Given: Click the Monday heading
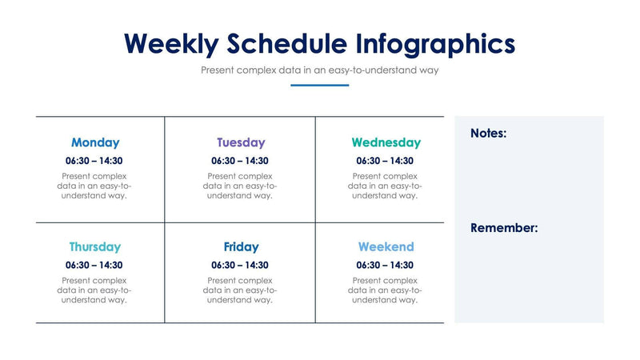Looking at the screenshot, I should (x=95, y=143).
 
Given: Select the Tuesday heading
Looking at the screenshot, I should (x=240, y=143).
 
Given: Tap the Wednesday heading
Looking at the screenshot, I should (x=386, y=143).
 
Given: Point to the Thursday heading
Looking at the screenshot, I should (x=95, y=247).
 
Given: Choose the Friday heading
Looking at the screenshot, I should (x=241, y=247).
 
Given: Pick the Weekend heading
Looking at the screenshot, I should (x=386, y=247).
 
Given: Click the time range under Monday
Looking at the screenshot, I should (x=94, y=161).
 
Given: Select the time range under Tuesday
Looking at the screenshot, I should (x=240, y=161).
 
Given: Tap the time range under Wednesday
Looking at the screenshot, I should (x=385, y=161).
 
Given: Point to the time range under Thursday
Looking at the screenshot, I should (x=94, y=265).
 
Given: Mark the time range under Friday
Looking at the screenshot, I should (x=240, y=265).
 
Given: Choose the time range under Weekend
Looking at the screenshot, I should (x=385, y=265).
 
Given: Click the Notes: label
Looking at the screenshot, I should (x=488, y=134).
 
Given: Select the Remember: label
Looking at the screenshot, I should (x=504, y=228).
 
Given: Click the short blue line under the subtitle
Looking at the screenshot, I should (x=320, y=85).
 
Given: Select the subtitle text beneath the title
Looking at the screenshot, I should (x=320, y=70).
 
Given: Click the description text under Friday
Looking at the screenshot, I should (x=240, y=290).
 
